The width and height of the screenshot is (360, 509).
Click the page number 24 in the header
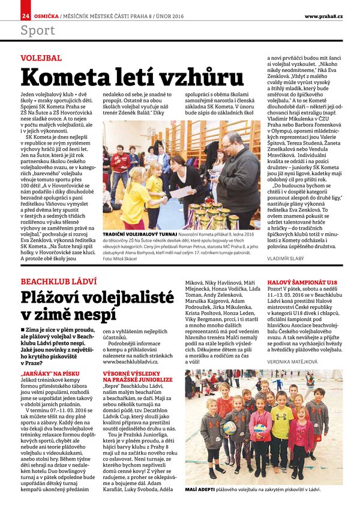click(26, 15)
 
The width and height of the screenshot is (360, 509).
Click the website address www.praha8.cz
click(323, 15)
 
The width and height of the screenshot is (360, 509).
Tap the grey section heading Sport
click(37, 30)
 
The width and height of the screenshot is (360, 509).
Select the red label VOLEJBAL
click(41, 58)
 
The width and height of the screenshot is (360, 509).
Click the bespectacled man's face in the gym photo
click(233, 143)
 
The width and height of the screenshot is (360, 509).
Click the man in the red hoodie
click(120, 165)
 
